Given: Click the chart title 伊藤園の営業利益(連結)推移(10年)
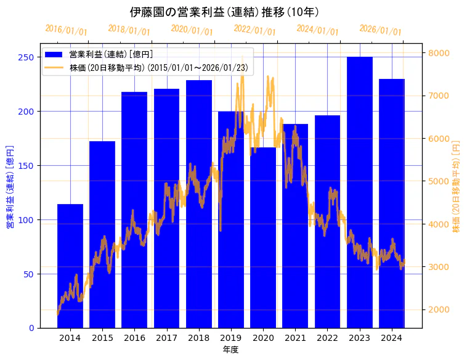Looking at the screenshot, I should click(x=225, y=12).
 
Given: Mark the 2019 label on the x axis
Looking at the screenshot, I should click(x=231, y=338).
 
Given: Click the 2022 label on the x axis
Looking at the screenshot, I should click(x=327, y=338).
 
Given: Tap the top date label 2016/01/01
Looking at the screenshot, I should click(x=67, y=30).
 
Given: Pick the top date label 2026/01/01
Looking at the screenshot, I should click(x=380, y=30).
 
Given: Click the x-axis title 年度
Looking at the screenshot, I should click(x=230, y=350).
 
